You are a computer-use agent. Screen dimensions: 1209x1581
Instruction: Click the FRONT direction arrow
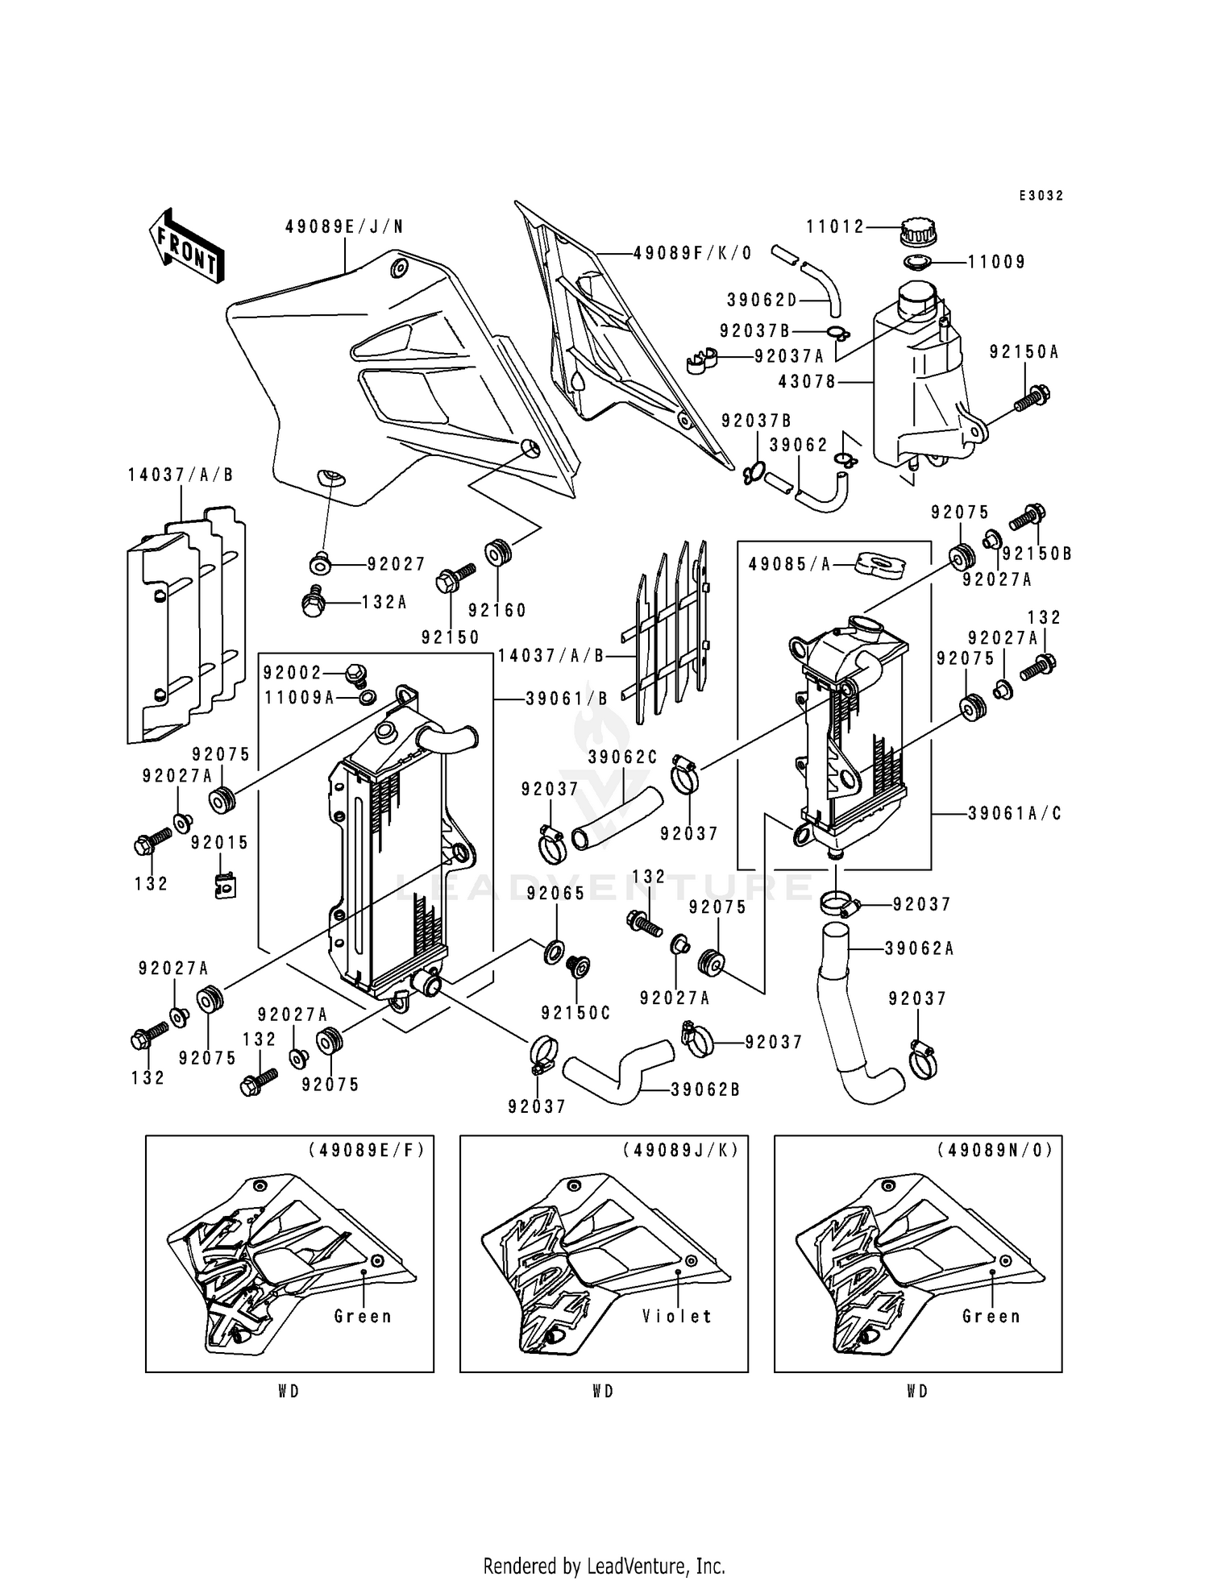click(x=186, y=246)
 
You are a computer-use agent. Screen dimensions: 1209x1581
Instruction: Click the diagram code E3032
click(x=1041, y=196)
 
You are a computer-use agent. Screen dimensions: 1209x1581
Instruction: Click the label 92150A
click(x=1024, y=352)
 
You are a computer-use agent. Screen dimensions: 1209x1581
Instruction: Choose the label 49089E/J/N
click(x=344, y=227)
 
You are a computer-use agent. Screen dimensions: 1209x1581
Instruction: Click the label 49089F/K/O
click(x=692, y=253)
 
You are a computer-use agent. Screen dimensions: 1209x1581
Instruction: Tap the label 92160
click(x=497, y=610)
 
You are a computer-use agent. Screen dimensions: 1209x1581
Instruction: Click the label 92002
click(x=292, y=672)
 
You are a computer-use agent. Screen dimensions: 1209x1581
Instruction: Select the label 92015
click(x=220, y=843)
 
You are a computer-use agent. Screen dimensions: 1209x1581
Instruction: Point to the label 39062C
click(x=622, y=757)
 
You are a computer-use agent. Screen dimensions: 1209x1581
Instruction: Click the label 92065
click(x=555, y=893)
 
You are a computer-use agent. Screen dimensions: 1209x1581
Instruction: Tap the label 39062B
click(x=705, y=1090)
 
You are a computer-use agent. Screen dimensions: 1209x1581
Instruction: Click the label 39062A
click(x=920, y=948)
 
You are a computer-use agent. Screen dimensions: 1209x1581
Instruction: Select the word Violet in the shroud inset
click(x=678, y=1316)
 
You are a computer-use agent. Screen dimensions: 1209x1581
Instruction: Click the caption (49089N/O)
click(x=995, y=1150)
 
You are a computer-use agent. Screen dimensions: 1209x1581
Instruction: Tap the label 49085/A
click(x=789, y=564)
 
